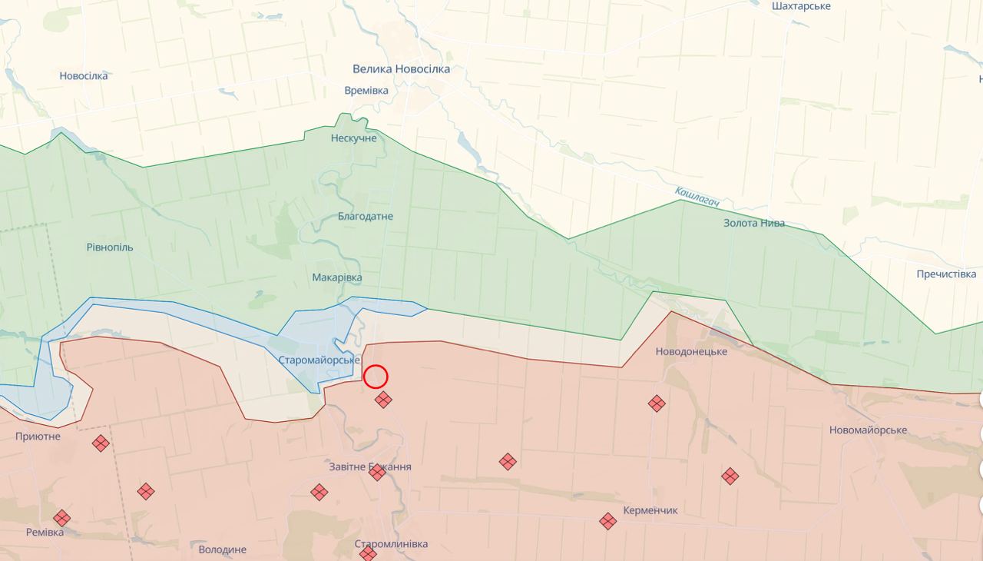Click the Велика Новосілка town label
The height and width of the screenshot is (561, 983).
401,69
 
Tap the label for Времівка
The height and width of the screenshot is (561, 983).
366,91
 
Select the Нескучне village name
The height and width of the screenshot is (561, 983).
353,138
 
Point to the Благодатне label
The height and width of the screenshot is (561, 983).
366,217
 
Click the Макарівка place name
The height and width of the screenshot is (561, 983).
337,277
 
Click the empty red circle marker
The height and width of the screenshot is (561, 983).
376,377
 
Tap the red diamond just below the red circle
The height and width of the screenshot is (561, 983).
383,400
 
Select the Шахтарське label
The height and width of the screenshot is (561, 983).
801,6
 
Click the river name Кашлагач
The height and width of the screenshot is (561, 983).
697,196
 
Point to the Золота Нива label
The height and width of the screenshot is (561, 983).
754,224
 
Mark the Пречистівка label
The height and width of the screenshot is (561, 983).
945,274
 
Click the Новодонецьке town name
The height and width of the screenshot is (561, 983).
691,352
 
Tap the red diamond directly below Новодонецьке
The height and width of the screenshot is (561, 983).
657,403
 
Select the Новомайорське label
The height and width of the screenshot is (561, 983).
868,430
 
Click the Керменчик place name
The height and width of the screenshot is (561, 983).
650,510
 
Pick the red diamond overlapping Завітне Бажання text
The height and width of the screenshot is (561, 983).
377,473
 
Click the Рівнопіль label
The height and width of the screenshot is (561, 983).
110,247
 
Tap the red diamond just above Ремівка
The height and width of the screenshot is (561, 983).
61,518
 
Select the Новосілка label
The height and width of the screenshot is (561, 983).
84,76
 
